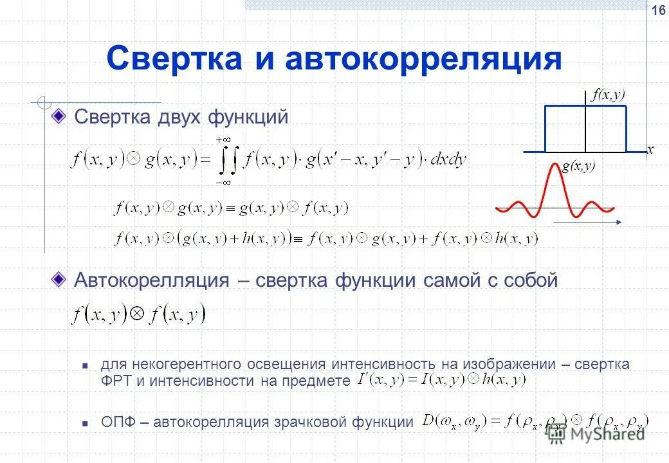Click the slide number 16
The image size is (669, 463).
tap(658, 10)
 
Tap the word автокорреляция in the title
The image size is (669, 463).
tap(423, 59)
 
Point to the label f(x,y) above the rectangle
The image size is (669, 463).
tap(609, 95)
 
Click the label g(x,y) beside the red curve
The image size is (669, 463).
tap(579, 167)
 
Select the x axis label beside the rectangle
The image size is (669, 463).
tap(650, 149)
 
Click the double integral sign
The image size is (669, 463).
tap(226, 161)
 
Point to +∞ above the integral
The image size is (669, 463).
tap(223, 139)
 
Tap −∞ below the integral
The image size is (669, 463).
tap(223, 183)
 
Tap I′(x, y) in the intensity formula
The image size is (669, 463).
tap(380, 380)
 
